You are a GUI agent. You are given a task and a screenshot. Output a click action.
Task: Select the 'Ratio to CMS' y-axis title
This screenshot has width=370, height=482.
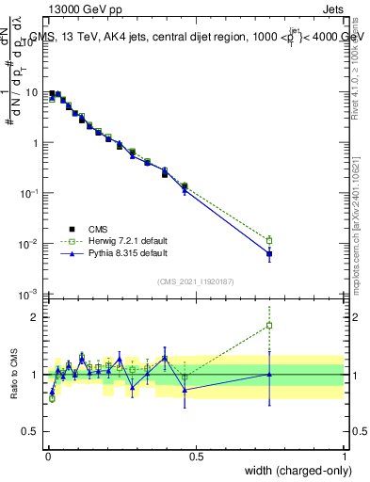(14, 375)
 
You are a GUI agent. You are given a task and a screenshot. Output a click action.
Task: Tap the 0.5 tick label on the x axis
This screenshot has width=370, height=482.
(195, 457)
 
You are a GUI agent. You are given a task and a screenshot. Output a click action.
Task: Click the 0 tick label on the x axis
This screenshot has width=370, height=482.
(47, 457)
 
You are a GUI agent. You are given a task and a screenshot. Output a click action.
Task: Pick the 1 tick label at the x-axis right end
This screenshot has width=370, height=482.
(345, 457)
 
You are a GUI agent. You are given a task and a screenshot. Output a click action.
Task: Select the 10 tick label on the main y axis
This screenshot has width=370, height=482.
(31, 93)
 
